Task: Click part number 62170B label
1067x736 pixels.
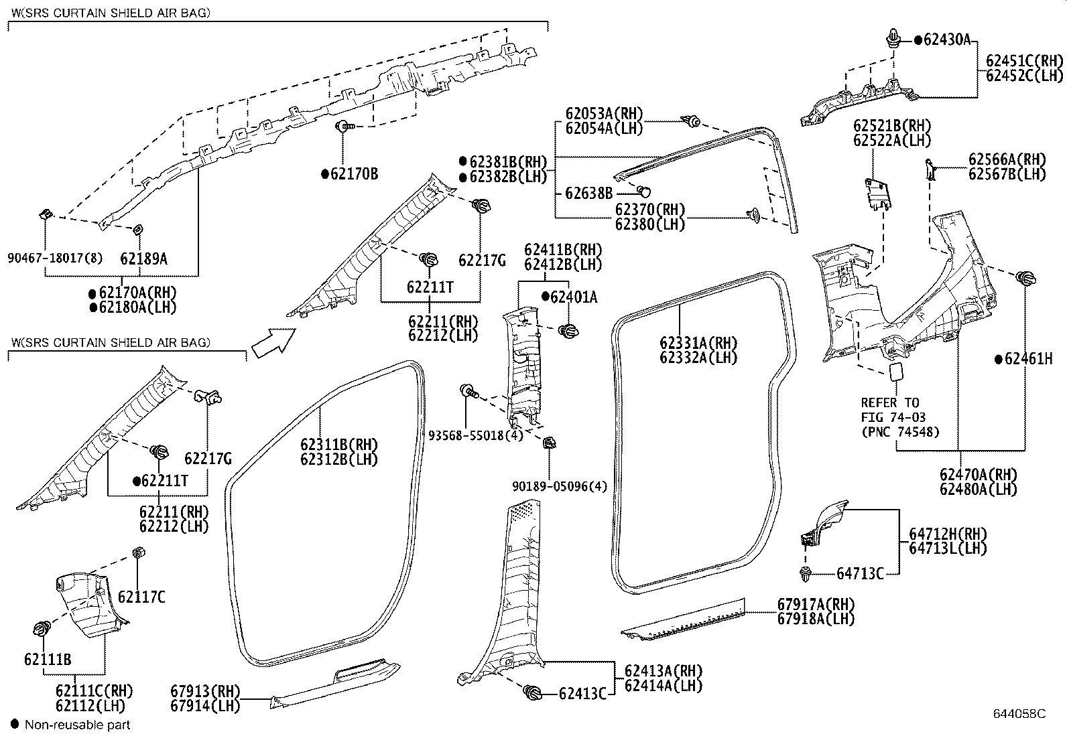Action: [x=354, y=174]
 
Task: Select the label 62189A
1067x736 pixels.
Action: [x=143, y=258]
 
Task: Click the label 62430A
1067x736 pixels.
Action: [x=946, y=40]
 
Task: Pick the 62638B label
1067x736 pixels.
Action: [x=588, y=194]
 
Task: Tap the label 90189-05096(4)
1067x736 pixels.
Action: [x=560, y=486]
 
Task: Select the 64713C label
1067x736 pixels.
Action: [x=860, y=573]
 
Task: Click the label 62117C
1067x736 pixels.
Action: [x=141, y=597]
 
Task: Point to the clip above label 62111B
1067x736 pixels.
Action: [x=42, y=629]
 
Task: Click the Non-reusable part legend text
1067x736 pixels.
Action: [x=77, y=725]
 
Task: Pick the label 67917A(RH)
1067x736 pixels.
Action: [x=816, y=603]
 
